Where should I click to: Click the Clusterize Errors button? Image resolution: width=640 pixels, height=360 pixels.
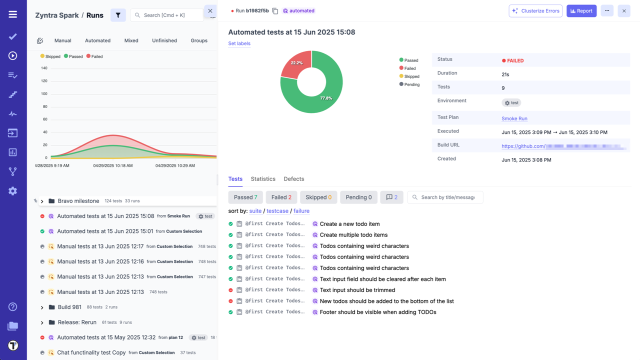535,11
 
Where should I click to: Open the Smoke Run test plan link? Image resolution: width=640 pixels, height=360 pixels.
514,118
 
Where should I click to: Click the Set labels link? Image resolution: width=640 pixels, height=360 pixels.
239,43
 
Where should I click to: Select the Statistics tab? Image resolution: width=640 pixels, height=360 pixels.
263,179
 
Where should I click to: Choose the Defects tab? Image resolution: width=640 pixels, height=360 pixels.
293,179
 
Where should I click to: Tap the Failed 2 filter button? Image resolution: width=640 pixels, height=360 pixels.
281,197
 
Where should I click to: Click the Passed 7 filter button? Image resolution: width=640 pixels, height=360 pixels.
245,197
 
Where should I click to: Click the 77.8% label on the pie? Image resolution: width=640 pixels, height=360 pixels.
326,98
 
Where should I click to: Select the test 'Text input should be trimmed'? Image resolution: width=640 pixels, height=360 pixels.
357,290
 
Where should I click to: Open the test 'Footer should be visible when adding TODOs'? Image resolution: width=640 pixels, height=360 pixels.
377,312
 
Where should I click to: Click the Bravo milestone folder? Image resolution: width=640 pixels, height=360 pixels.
78,201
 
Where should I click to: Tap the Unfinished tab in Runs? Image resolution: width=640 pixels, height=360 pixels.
164,40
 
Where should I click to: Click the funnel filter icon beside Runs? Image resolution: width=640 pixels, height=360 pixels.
118,15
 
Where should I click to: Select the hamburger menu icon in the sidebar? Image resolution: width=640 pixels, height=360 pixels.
13,14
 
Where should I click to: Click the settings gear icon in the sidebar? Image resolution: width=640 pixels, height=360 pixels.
13,191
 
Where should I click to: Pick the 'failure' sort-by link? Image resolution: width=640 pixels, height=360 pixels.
301,211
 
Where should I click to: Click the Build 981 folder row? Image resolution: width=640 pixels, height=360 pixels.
69,307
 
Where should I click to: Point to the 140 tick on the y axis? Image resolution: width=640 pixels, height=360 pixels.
44,68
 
